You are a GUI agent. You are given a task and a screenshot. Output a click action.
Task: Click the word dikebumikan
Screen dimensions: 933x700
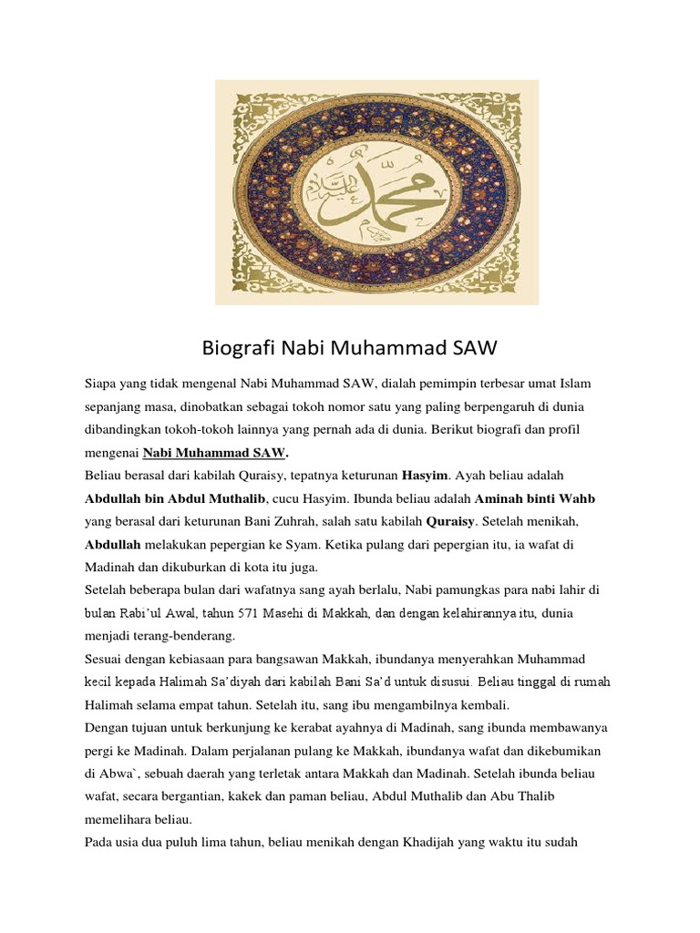557,752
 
